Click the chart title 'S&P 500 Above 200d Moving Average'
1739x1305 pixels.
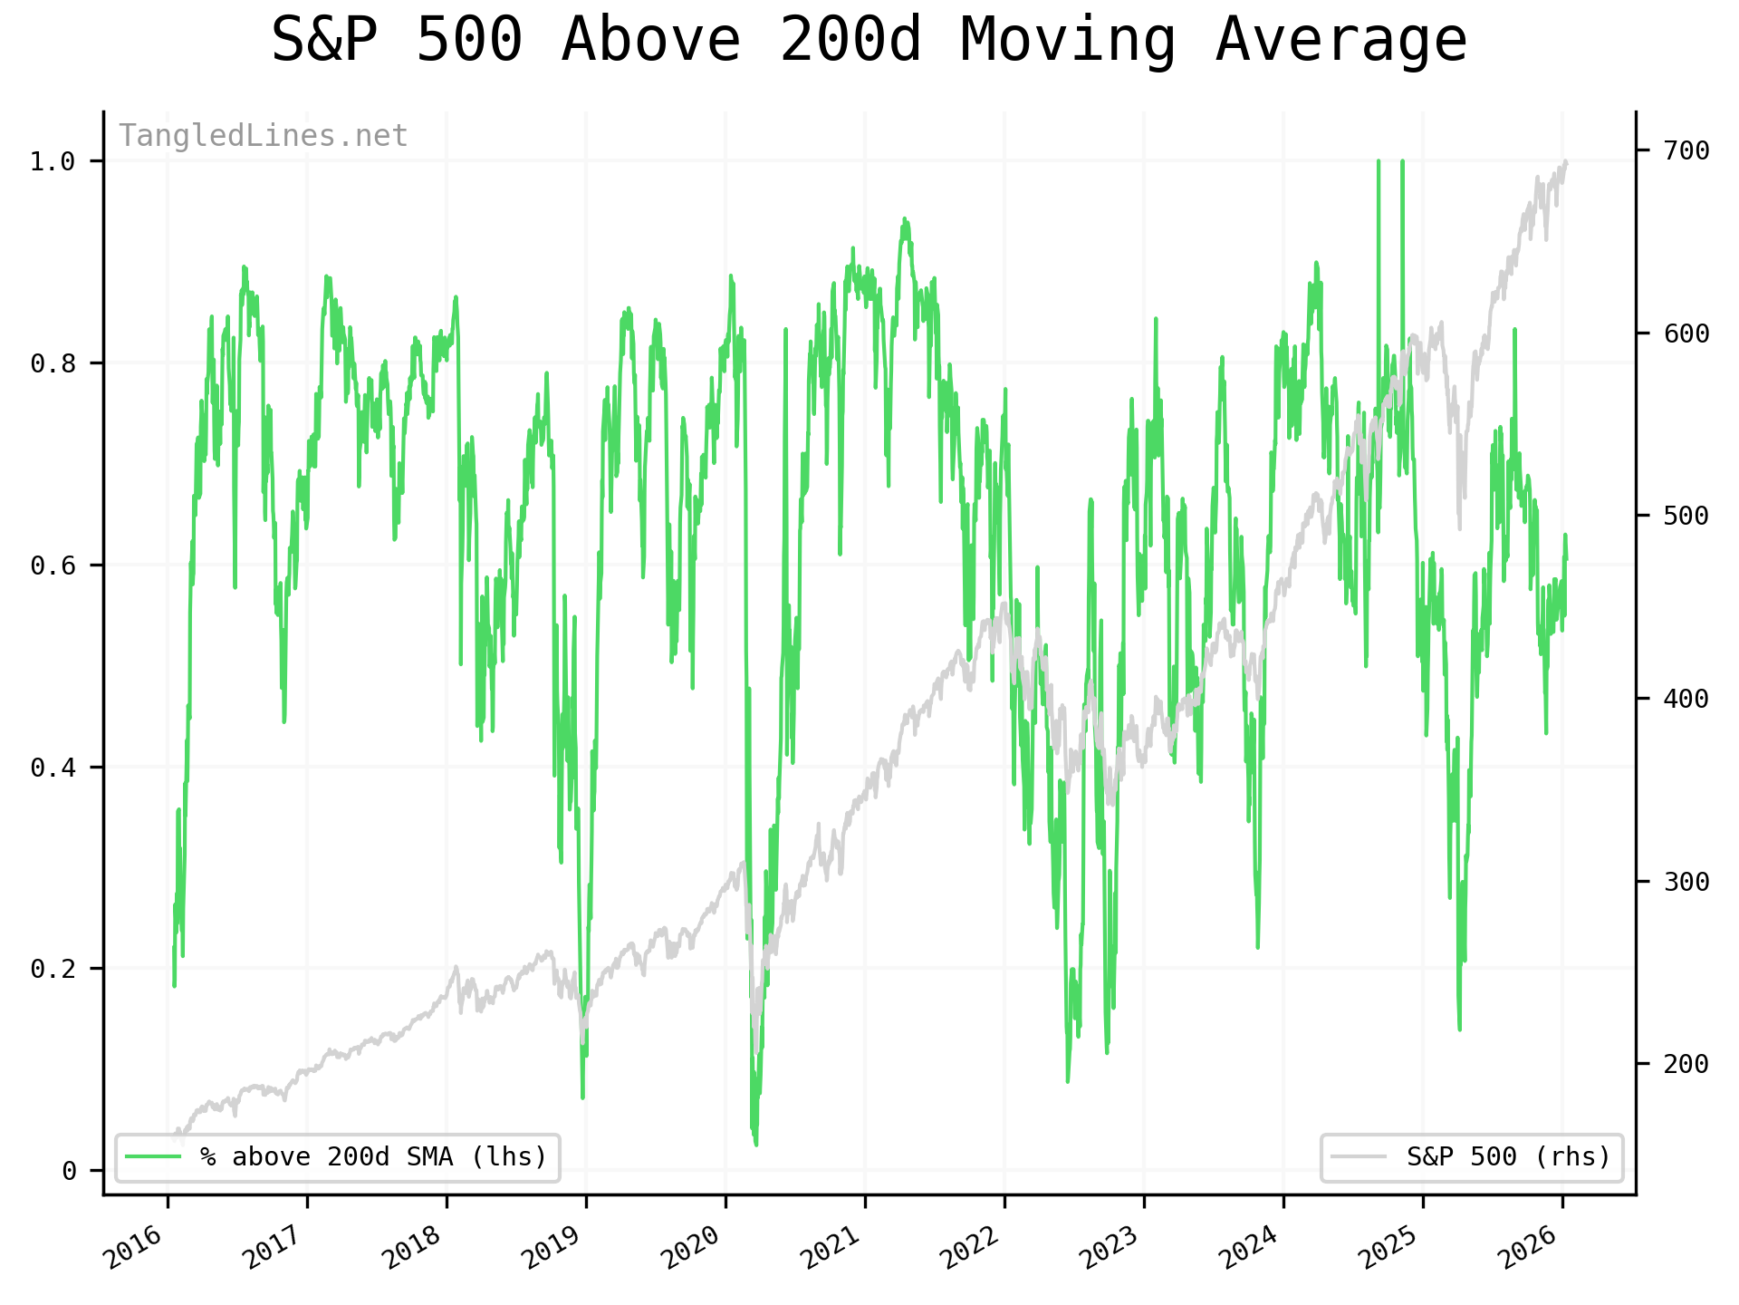(869, 41)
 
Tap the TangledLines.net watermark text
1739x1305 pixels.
(264, 136)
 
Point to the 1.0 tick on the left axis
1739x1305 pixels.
(53, 162)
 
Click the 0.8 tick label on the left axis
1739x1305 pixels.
(53, 363)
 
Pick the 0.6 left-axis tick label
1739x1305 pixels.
(53, 565)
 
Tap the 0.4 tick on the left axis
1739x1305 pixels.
(53, 768)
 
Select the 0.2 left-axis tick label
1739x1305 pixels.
(53, 969)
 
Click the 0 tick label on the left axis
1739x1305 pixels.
(69, 1171)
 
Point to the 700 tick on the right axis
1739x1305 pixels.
(1686, 150)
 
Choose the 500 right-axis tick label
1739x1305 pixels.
(1686, 516)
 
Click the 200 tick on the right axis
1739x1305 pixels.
(1686, 1063)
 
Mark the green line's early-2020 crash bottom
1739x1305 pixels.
(756, 1145)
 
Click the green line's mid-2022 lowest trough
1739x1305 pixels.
(1068, 1081)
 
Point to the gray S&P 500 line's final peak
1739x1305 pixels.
(1566, 161)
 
